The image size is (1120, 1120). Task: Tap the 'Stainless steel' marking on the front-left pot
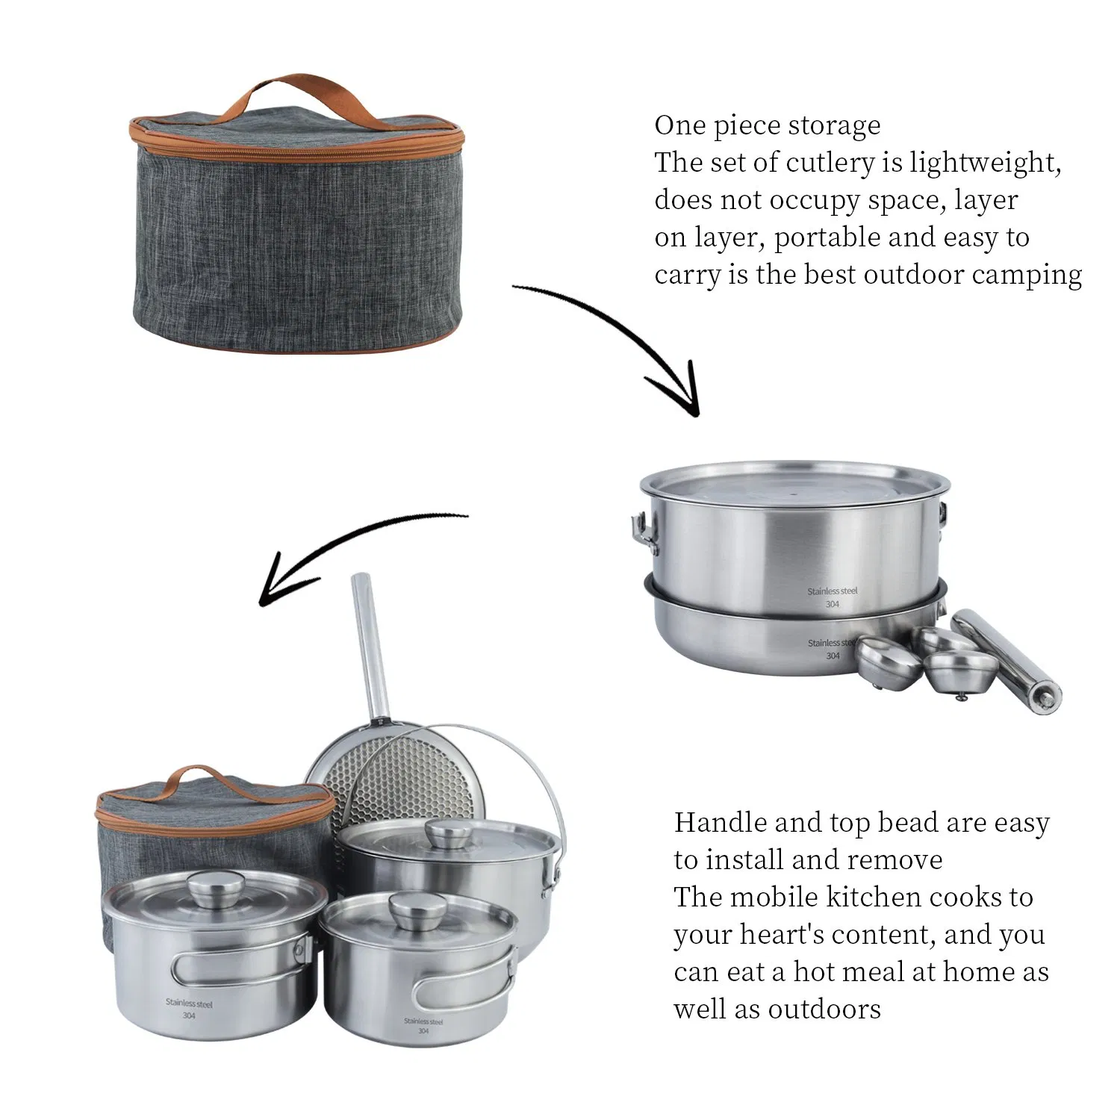point(189,1004)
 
